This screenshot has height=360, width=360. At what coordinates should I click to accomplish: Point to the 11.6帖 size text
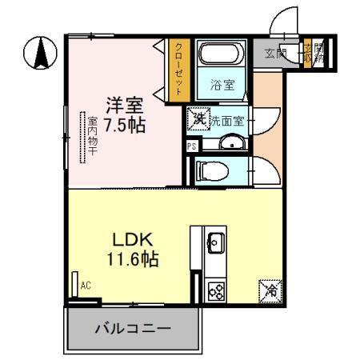click(128, 259)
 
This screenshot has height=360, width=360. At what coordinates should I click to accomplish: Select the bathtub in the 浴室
click(219, 55)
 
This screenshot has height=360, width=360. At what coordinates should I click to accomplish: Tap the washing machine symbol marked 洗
click(198, 119)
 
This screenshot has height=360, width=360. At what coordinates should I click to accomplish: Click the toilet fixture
click(212, 170)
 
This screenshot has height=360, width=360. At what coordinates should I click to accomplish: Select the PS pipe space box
click(192, 146)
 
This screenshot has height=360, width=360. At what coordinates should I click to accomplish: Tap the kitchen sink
click(216, 239)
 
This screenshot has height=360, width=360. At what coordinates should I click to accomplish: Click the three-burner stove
click(215, 291)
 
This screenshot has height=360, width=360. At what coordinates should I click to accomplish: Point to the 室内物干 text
click(92, 137)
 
